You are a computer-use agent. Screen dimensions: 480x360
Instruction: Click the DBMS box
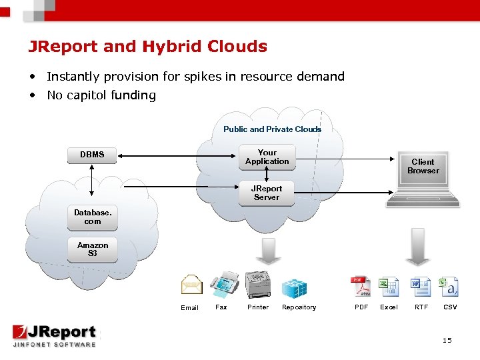pyautogui.click(x=92, y=155)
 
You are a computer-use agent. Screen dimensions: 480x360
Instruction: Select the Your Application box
pyautogui.click(x=267, y=157)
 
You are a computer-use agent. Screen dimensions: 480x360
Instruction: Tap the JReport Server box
pyautogui.click(x=267, y=193)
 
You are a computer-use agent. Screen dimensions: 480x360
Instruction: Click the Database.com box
pyautogui.click(x=92, y=217)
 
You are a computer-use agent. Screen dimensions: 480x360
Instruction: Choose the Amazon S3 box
pyautogui.click(x=92, y=249)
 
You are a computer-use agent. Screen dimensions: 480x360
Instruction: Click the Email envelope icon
pyautogui.click(x=191, y=286)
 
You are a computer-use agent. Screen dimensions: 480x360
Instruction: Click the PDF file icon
pyautogui.click(x=361, y=287)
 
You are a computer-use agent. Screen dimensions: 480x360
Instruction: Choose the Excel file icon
pyautogui.click(x=389, y=287)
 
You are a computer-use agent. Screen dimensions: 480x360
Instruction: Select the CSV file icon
pyautogui.click(x=449, y=287)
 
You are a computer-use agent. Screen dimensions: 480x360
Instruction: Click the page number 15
pyautogui.click(x=447, y=341)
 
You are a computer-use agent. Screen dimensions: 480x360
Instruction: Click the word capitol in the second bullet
pyautogui.click(x=89, y=95)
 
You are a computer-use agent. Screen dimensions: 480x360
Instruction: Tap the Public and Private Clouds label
pyautogui.click(x=272, y=129)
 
